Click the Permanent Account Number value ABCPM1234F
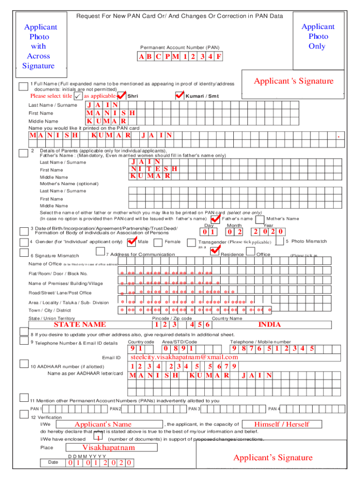(x=180, y=57)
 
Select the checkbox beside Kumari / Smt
(x=180, y=96)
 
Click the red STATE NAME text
(x=79, y=325)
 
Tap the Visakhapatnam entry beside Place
(x=108, y=447)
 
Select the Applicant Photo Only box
(x=317, y=36)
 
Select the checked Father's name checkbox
(x=215, y=219)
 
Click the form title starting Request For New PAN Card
(x=180, y=16)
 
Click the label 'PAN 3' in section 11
(x=194, y=409)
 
